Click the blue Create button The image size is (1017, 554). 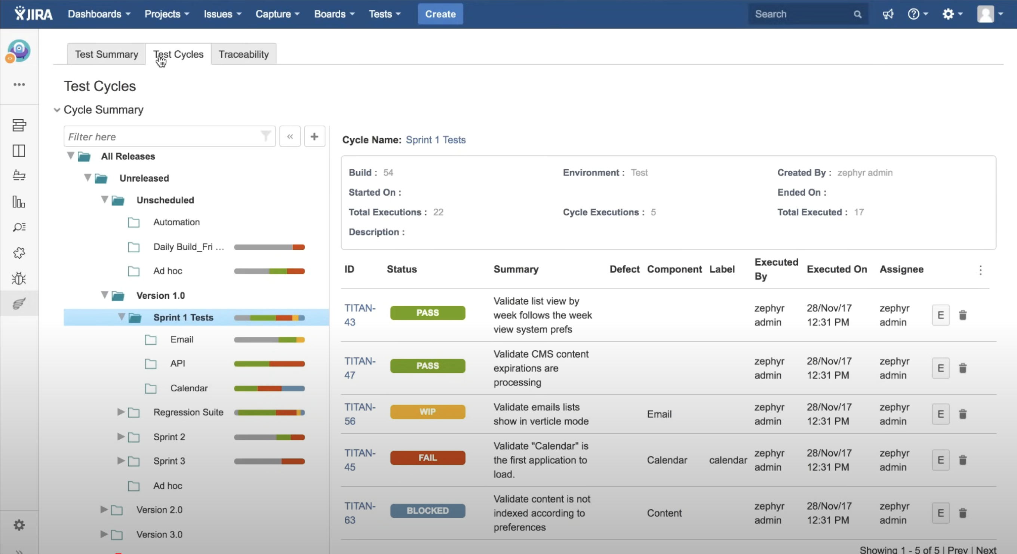coord(440,14)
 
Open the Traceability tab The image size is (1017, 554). coord(243,54)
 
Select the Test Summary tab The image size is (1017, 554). coord(107,54)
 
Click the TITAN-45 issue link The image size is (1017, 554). coord(360,460)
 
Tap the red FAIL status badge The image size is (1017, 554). coord(428,458)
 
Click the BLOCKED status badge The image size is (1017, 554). coord(428,511)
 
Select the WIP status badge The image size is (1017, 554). coord(428,412)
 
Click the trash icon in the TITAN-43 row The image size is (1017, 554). coord(963,315)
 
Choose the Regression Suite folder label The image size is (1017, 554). coord(188,412)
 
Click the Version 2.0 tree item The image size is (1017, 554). coord(160,510)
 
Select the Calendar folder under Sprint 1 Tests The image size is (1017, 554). coord(189,388)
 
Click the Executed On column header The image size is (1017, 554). coord(836,269)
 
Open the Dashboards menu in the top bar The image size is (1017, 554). coord(99,14)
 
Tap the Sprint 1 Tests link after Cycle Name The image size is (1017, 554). coord(436,140)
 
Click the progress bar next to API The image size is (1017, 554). coord(269,363)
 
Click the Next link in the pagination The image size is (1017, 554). coord(986,550)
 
